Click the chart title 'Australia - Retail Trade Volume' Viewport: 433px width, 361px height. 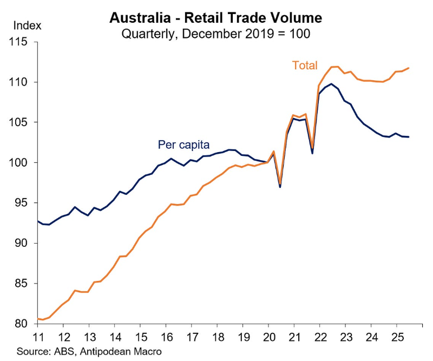tap(215, 18)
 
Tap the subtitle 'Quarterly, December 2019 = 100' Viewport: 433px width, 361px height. tap(215, 34)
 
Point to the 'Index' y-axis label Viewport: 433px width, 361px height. tap(27, 25)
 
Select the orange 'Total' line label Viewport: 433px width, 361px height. tap(305, 65)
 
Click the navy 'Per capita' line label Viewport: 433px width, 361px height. tap(183, 145)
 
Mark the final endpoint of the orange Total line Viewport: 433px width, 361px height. tap(409, 68)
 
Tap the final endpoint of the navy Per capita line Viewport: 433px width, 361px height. tap(409, 137)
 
